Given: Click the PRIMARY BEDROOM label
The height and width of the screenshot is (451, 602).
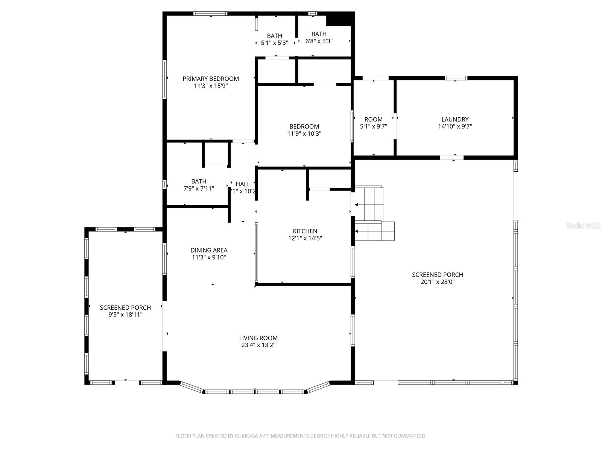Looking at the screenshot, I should point(211,79).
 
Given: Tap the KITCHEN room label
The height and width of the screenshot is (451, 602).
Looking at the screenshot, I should point(305,231).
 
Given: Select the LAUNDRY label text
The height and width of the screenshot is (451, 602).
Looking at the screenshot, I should point(455,120).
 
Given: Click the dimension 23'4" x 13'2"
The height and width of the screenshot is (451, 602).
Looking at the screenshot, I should point(258,345).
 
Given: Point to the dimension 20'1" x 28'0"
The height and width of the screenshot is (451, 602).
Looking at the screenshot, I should point(438,282).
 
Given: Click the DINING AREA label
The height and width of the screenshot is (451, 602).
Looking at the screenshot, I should point(209,250).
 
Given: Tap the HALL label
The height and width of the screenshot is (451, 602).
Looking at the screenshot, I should point(243,184).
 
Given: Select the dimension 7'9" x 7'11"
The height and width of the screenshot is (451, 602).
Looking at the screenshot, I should point(199,188).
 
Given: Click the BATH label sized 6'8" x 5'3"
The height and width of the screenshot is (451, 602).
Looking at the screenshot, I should point(319,34).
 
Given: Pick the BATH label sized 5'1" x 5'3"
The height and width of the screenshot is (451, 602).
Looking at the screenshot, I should point(275,36).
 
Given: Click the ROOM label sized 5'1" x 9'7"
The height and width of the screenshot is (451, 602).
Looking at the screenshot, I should point(374,120).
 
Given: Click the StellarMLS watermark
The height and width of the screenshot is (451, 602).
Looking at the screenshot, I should point(584,226).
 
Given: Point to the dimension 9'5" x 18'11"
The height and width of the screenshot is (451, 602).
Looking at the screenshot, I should point(125,315).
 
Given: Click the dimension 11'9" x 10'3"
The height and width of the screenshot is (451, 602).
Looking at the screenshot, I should point(304,133).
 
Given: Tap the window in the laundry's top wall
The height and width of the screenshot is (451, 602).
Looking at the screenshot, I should point(456,78).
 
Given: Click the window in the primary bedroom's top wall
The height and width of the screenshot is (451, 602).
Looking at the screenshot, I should point(210,14).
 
